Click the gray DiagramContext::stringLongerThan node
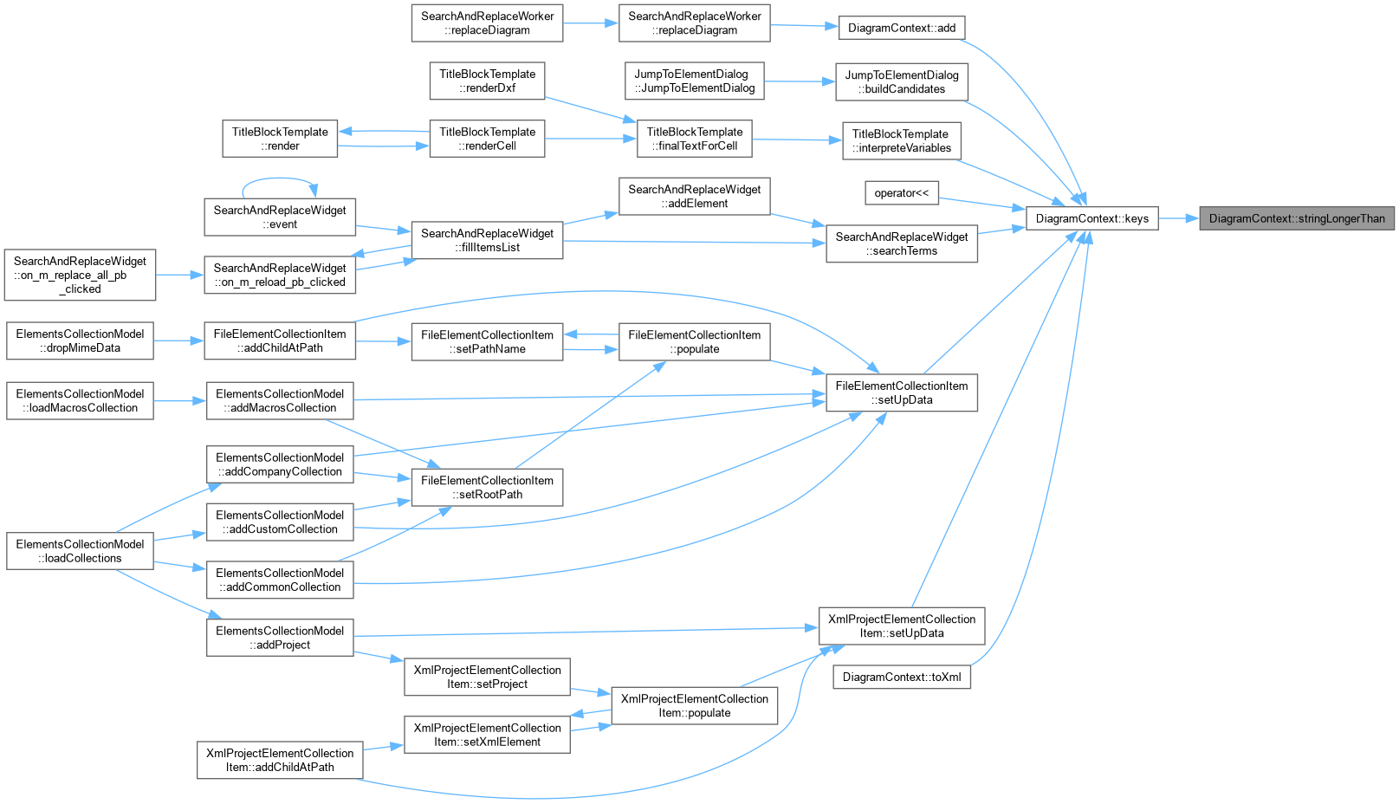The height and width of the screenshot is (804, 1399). [1297, 218]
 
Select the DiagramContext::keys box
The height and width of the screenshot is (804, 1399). [1091, 218]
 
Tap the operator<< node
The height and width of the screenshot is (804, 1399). [901, 193]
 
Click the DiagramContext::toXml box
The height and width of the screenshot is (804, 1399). [901, 678]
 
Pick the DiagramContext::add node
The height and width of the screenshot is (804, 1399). [901, 28]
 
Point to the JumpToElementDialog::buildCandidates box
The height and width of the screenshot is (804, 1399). [901, 81]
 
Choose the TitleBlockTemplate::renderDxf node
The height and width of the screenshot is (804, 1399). [487, 81]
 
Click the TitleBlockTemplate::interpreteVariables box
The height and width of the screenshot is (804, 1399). [901, 140]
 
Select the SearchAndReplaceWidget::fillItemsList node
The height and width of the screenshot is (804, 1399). [487, 240]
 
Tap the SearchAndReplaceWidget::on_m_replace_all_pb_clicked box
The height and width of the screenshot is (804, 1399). [80, 275]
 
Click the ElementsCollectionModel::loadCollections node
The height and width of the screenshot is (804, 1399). [80, 551]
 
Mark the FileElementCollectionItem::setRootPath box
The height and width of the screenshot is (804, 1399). [487, 487]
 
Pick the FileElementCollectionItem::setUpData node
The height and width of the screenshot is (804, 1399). [901, 392]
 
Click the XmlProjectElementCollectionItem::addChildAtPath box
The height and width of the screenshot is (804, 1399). [280, 760]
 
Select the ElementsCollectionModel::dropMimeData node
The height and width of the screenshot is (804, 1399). [80, 340]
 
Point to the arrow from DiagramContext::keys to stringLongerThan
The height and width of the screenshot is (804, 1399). [1178, 218]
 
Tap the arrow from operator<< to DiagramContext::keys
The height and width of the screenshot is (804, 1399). [981, 204]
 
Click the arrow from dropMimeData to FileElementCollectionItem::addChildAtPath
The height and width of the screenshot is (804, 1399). [178, 341]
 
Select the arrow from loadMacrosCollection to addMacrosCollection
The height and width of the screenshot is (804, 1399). [180, 401]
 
